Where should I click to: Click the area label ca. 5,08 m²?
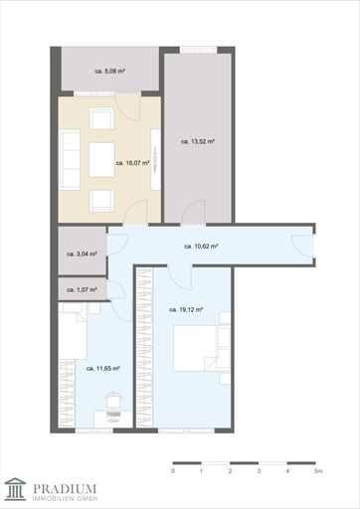tap(110, 71)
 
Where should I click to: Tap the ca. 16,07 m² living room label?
tap(132, 163)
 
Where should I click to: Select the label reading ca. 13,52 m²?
tap(198, 141)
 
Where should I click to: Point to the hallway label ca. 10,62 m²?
tap(201, 247)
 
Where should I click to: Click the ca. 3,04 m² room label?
tap(82, 254)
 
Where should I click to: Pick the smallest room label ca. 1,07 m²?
tap(82, 289)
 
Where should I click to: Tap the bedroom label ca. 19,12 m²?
tap(186, 310)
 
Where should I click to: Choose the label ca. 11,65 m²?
tap(103, 369)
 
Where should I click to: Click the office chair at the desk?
tap(113, 401)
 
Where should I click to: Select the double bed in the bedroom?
tap(196, 348)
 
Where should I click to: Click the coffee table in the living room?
tap(101, 160)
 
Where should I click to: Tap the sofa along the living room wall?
tap(70, 159)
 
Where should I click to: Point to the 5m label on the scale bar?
tap(318, 471)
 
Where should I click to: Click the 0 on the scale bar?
tap(173, 471)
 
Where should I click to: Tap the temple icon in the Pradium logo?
tap(15, 489)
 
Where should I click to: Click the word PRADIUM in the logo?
tap(65, 489)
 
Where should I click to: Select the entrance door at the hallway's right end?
tap(301, 246)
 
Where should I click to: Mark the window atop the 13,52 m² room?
tap(198, 50)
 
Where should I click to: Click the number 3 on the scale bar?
tap(259, 471)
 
